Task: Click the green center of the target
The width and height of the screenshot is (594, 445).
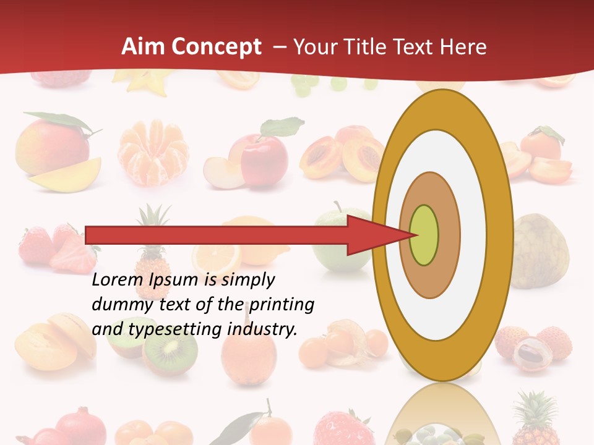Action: [424, 235]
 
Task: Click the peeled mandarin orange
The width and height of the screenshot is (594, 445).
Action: [153, 152]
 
